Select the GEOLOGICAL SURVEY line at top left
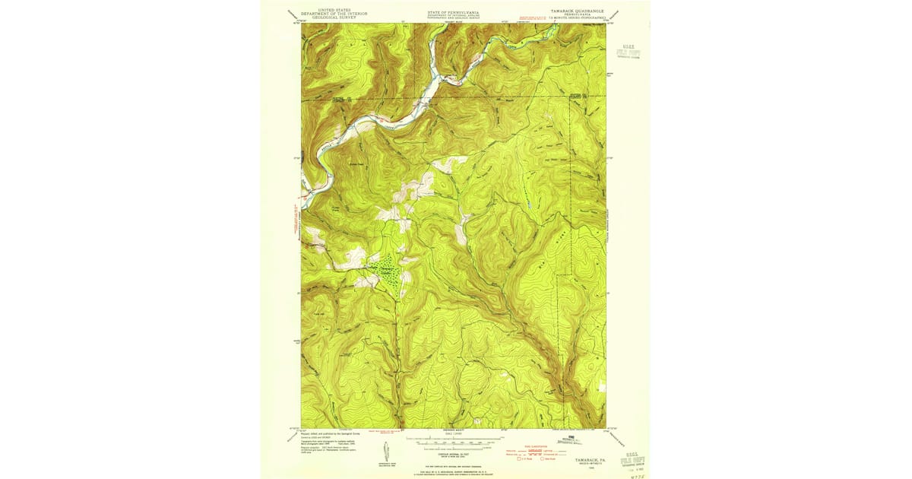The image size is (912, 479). point(329,17)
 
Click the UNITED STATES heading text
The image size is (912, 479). point(329,10)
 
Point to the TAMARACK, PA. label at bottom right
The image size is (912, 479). point(590,460)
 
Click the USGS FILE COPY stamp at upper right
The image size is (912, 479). point(629,51)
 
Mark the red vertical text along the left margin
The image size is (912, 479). point(296,220)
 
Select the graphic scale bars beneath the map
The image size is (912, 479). point(454,442)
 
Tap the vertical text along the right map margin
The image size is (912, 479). point(609,228)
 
